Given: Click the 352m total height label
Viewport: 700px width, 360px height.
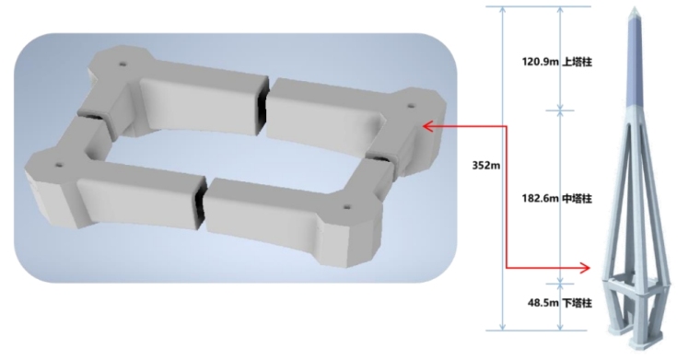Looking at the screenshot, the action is coord(486,166).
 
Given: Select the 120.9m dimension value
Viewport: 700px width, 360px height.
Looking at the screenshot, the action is coord(541,62).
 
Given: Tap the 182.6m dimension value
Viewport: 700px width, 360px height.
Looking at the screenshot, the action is coord(541,198).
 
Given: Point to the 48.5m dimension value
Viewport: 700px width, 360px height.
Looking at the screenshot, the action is coord(543,303).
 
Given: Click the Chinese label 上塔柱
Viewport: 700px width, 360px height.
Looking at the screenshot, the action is coord(577,62).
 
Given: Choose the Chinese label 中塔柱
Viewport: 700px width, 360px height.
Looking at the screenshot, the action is coord(577,198).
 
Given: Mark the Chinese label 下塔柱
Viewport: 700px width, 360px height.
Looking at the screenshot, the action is coord(577,303).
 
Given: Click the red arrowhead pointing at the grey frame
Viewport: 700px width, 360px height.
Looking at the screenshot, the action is coord(428,126).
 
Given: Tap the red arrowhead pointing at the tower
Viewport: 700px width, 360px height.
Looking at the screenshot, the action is coord(584,268).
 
